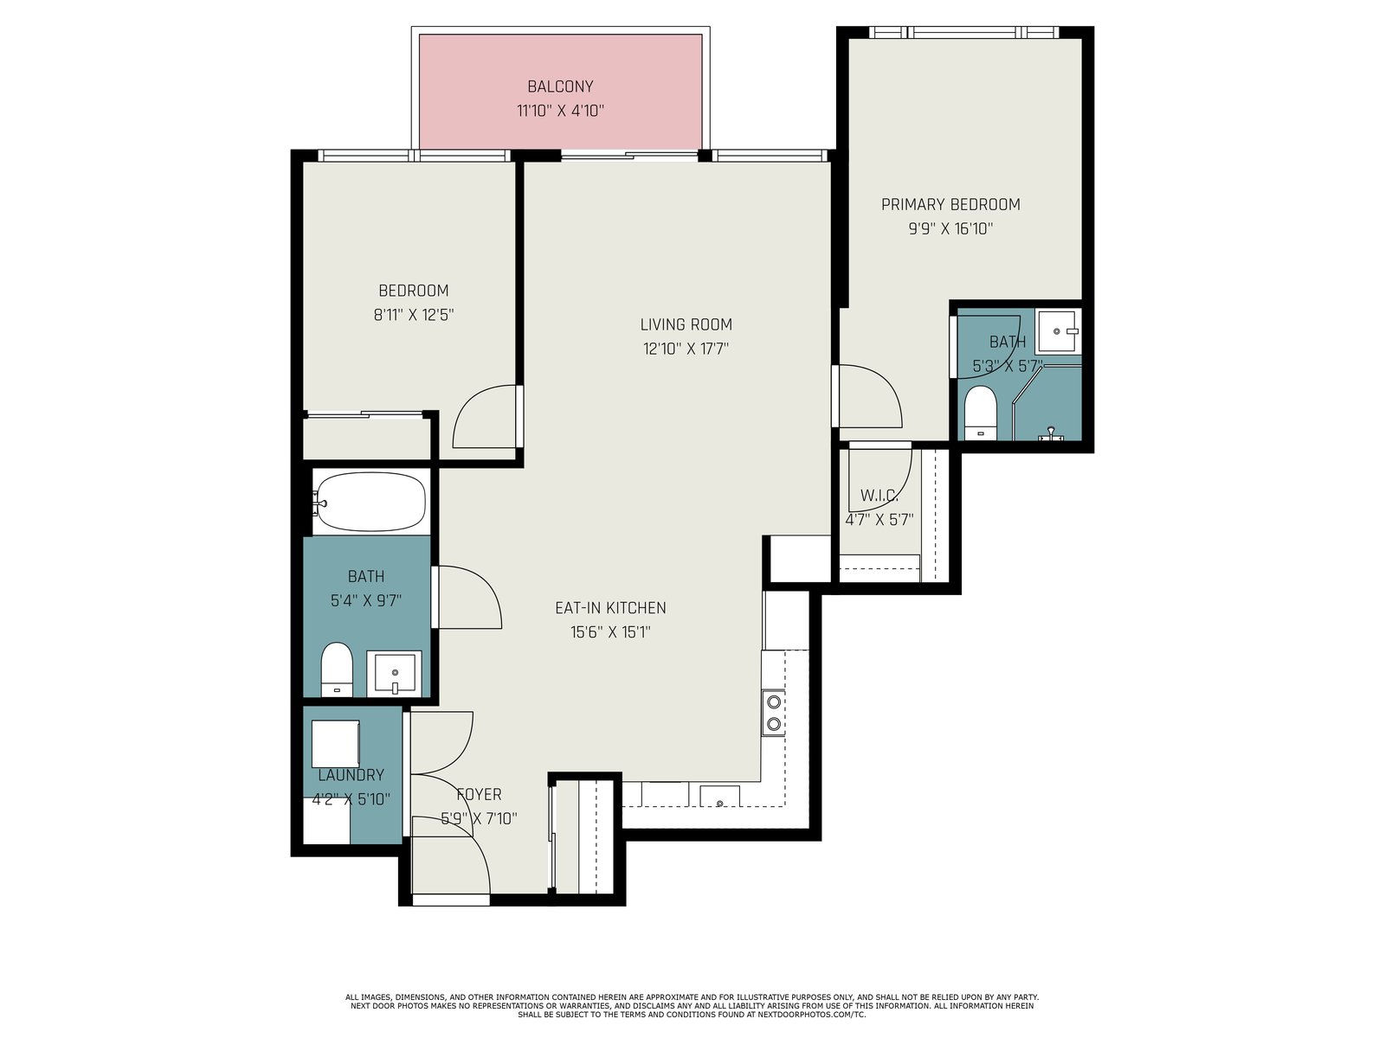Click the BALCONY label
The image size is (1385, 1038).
[560, 86]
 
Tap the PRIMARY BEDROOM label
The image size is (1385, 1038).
[950, 204]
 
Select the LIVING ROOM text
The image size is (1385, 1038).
[686, 324]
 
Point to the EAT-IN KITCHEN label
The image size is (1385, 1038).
[610, 607]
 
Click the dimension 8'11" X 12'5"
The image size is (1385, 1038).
[414, 315]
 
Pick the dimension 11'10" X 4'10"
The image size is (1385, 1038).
[560, 111]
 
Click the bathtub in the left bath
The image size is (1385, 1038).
[370, 502]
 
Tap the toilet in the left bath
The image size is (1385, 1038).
[336, 670]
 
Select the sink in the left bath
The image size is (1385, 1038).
[395, 672]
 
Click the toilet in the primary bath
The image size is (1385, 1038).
[980, 413]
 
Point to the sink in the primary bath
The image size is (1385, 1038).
[1058, 331]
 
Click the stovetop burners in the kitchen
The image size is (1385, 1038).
[774, 713]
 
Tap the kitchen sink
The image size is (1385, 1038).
[720, 796]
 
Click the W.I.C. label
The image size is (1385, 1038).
[879, 496]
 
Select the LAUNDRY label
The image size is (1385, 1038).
[351, 775]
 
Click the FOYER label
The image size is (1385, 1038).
[479, 794]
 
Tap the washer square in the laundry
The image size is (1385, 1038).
[336, 744]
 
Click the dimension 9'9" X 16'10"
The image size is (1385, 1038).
[950, 228]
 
